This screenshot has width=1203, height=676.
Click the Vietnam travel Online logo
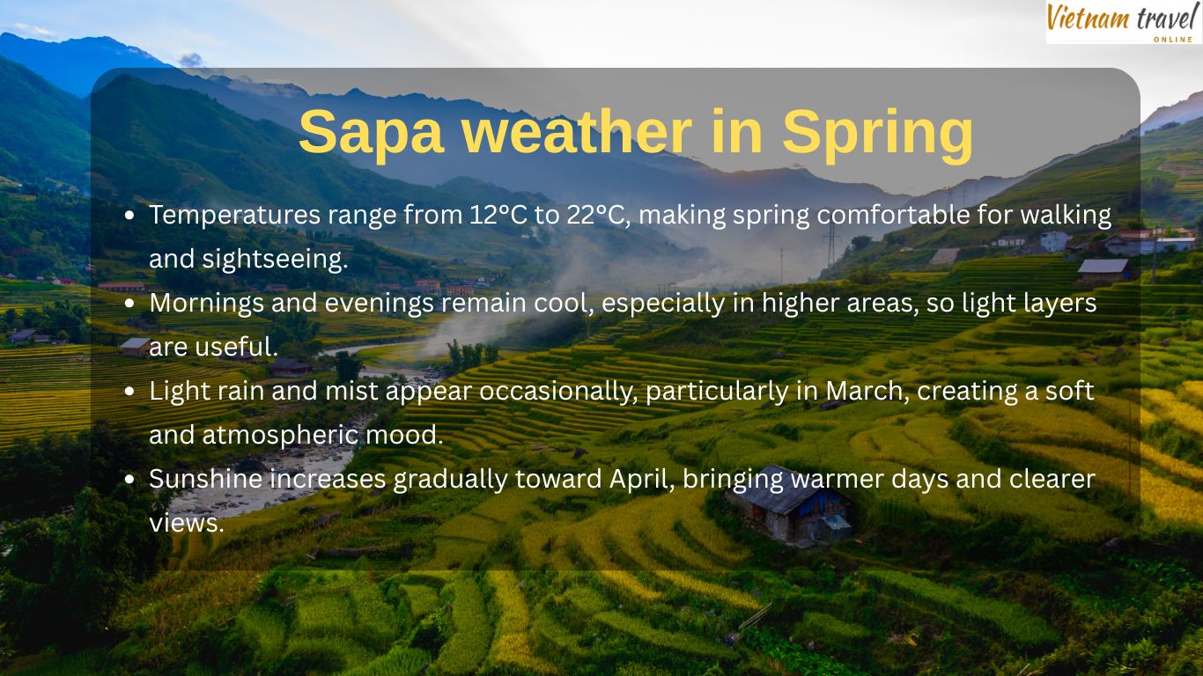(1123, 22)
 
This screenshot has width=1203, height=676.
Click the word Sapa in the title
(371, 132)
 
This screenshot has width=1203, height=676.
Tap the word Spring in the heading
(877, 132)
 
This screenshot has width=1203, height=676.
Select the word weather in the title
(577, 132)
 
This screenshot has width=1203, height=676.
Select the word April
(641, 479)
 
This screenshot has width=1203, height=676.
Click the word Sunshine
(205, 479)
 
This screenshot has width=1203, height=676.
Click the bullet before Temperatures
(130, 216)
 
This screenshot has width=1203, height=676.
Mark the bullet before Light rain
(130, 392)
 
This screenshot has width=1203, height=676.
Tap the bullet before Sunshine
(130, 480)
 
